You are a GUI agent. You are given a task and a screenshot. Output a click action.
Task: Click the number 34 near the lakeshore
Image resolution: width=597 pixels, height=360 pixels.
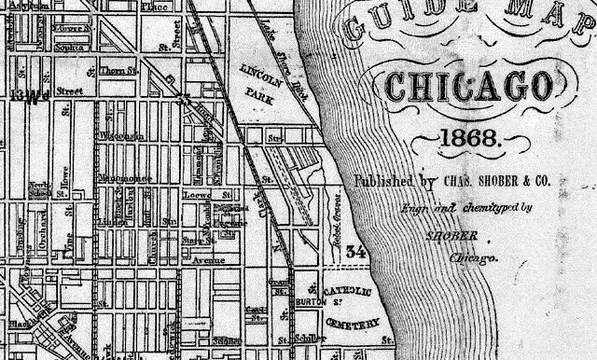354,252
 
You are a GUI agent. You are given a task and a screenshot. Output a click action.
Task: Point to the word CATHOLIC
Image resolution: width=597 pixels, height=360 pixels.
351,296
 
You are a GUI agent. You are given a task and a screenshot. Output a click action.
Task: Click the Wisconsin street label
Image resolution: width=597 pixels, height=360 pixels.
118,136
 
